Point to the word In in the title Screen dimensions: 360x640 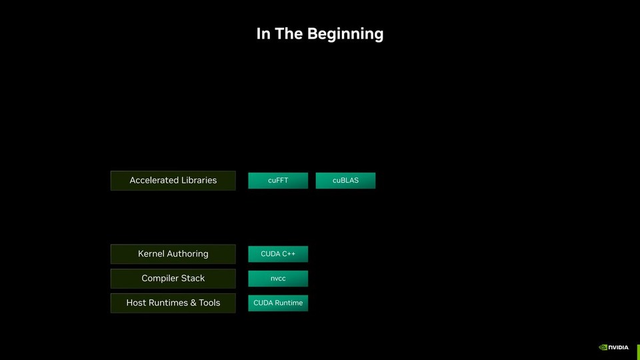pos(263,33)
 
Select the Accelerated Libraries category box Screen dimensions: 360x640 pos(173,181)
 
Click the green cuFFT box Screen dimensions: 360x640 pos(278,181)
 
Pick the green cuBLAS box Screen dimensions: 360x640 pos(345,181)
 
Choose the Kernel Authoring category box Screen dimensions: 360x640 pos(173,254)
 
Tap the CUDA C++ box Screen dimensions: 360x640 pos(278,254)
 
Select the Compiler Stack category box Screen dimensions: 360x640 pos(173,279)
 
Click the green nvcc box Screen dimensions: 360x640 pos(278,279)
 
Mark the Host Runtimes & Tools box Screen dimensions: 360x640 pos(173,303)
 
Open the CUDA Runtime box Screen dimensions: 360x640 pos(278,303)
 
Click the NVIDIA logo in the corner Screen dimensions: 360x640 pos(613,347)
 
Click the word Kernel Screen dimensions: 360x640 pos(151,254)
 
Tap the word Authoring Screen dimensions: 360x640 pos(187,254)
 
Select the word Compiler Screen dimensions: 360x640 pos(160,279)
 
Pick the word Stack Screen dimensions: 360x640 pos(193,279)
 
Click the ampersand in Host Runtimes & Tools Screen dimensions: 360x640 pos(193,303)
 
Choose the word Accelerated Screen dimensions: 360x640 pos(154,181)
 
